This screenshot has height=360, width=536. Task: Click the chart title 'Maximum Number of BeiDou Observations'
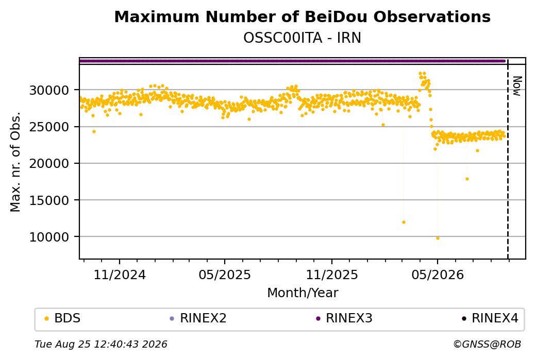[302, 16]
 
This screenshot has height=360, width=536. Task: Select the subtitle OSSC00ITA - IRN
[302, 38]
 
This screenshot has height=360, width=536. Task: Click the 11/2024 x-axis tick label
[120, 275]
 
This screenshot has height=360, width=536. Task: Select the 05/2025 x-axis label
[225, 275]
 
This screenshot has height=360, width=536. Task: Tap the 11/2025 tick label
[331, 275]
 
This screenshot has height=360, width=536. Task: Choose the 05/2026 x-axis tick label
[438, 275]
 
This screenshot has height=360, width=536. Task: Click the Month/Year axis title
[303, 293]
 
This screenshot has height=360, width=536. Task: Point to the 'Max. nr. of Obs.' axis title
[15, 162]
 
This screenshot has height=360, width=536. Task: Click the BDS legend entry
[62, 318]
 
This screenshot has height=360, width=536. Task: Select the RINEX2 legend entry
[198, 318]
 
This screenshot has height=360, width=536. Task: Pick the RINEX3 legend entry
[344, 318]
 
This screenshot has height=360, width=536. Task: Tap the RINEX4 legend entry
[490, 318]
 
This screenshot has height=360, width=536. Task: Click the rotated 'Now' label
[517, 86]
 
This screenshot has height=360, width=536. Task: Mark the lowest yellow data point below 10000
[438, 238]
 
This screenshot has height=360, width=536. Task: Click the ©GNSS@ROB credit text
[487, 344]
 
